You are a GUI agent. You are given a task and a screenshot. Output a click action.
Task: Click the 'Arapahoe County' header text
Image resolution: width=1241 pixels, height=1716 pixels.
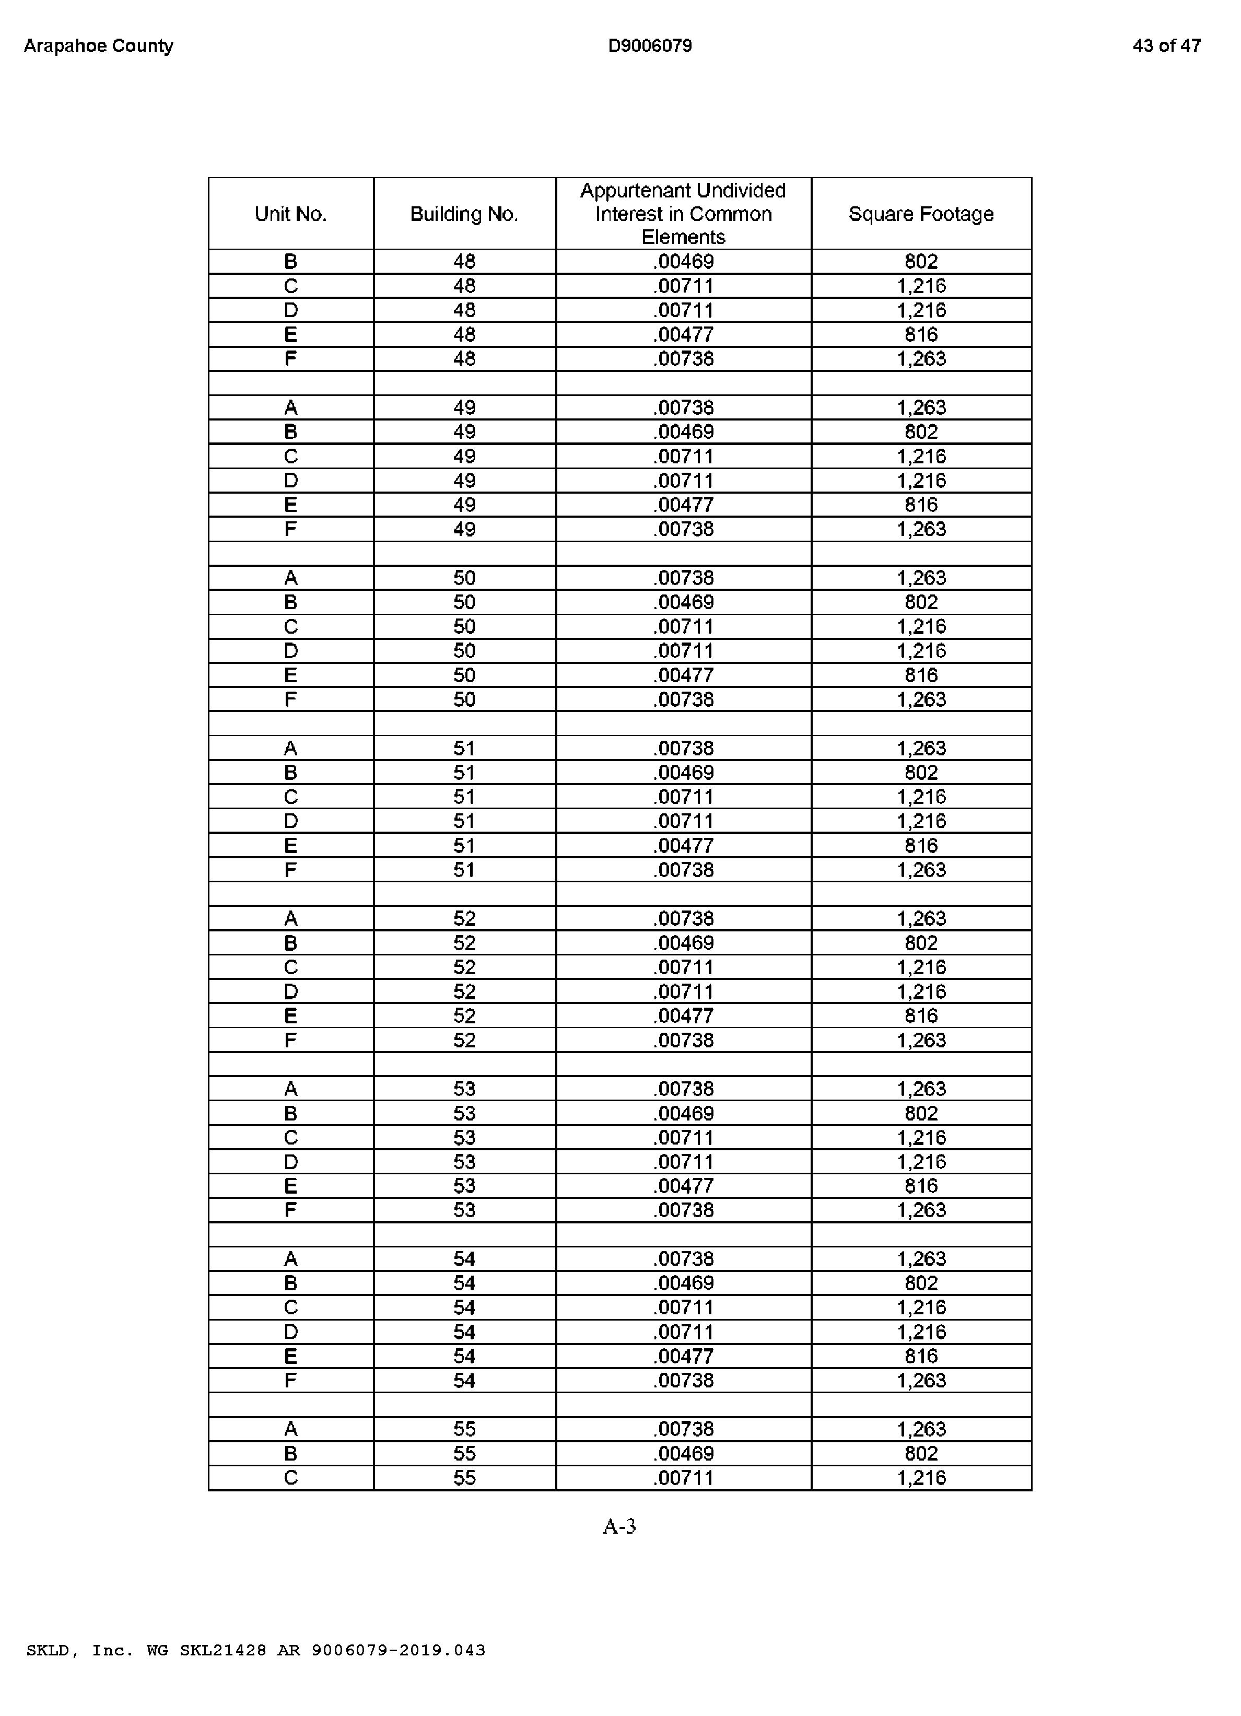98,46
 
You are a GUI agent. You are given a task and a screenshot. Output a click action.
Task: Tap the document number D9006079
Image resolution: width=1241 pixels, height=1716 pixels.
649,46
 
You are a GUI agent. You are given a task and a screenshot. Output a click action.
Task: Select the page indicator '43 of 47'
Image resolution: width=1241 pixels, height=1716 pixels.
1166,46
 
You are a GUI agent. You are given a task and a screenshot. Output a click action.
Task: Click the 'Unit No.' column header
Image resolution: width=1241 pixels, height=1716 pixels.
290,214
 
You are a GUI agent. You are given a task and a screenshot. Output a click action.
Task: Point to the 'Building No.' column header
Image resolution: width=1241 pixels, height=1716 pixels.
464,214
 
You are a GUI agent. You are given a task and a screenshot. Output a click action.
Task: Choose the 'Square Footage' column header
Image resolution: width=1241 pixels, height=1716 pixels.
921,214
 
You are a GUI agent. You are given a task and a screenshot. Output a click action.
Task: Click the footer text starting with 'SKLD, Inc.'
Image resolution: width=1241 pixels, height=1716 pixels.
256,1650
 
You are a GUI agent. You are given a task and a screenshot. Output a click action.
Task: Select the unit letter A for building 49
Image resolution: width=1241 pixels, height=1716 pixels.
290,408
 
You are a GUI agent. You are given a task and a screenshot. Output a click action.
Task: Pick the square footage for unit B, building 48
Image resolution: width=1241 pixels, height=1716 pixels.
921,262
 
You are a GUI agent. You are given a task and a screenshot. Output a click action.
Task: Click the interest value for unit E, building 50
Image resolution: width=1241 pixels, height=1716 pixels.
683,675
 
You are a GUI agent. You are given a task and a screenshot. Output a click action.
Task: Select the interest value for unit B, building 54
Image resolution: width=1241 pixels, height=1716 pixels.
683,1283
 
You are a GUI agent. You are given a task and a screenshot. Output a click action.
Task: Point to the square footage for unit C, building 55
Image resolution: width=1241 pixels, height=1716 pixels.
921,1478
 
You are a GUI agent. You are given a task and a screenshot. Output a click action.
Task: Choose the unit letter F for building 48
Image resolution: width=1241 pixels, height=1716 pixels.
290,359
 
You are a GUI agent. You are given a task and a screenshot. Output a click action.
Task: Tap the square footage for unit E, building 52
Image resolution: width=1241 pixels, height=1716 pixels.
921,1015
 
